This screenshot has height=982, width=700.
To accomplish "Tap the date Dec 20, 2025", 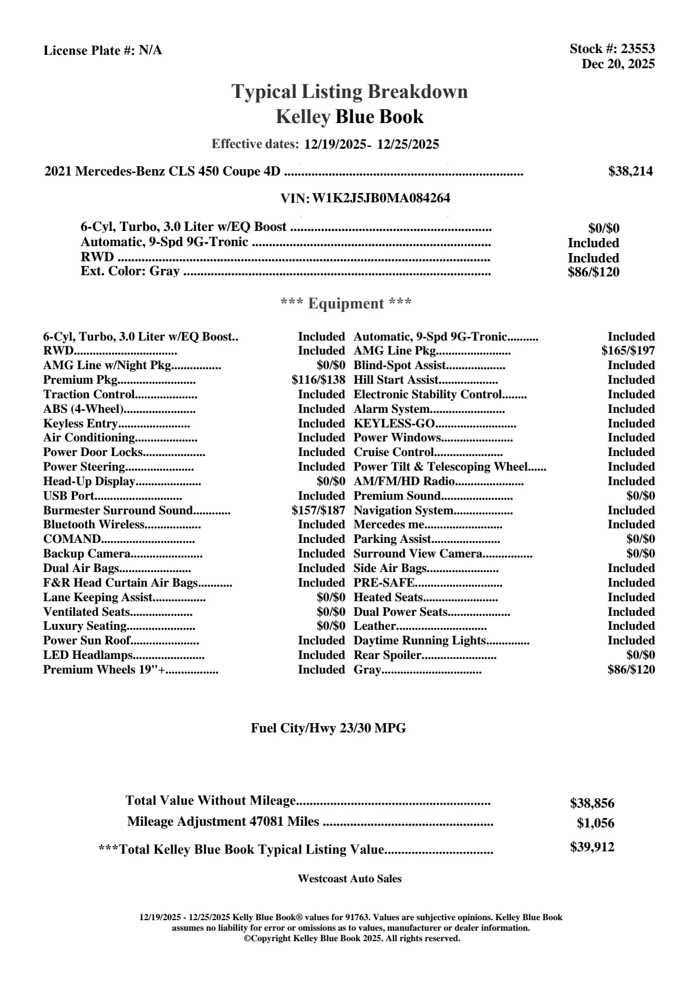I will point(618,64).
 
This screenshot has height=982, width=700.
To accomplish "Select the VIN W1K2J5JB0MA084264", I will point(381,198).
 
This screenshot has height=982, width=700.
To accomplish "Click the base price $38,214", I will point(630,171).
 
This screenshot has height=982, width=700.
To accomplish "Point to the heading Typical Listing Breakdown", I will point(350,92).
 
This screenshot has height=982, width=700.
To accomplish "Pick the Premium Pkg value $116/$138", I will point(318,380).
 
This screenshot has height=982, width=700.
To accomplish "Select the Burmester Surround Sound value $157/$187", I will point(318,510).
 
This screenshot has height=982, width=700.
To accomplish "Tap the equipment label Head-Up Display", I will point(89,481).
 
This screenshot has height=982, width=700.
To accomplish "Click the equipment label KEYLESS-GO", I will point(395,423).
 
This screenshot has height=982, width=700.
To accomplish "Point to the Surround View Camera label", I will point(418,553).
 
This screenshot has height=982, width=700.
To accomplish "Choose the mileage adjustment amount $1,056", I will point(596,823).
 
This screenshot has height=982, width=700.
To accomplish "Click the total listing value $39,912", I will point(592,847).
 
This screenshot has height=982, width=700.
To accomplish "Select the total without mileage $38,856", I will point(592,803).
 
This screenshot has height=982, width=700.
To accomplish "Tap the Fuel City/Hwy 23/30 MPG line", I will point(328,728).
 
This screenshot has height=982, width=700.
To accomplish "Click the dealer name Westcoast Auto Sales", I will point(349,878).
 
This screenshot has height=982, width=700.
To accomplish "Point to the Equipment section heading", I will point(346,304).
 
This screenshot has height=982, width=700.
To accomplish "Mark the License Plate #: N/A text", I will point(103,51).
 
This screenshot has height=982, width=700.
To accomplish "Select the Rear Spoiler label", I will point(387,655).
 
